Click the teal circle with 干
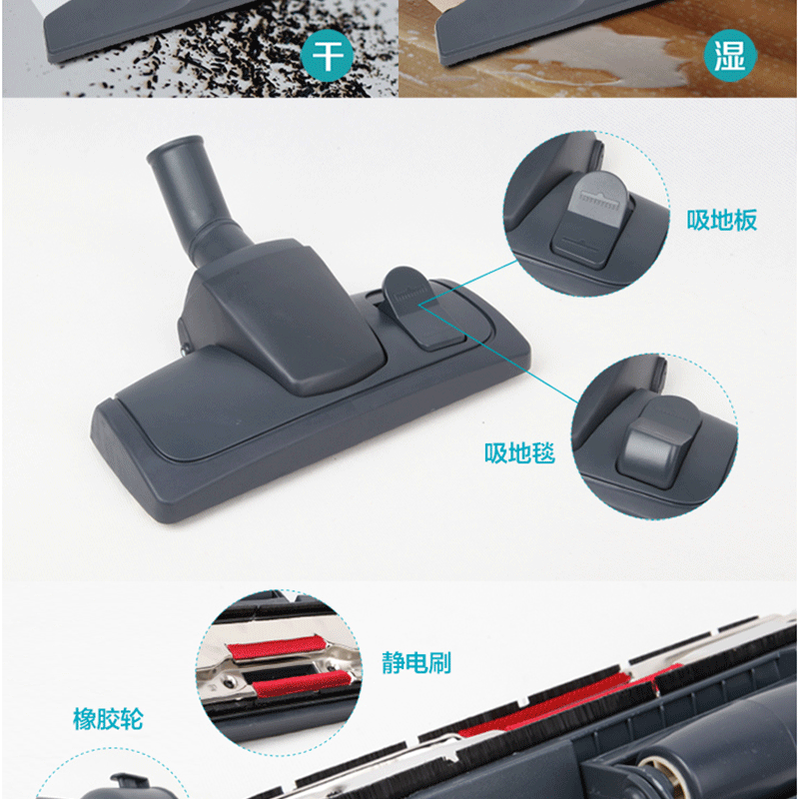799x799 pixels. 327,55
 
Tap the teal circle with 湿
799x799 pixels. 730,55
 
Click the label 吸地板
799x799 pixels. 721,220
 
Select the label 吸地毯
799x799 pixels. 519,452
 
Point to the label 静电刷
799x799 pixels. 416,663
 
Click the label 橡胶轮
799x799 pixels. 108,719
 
